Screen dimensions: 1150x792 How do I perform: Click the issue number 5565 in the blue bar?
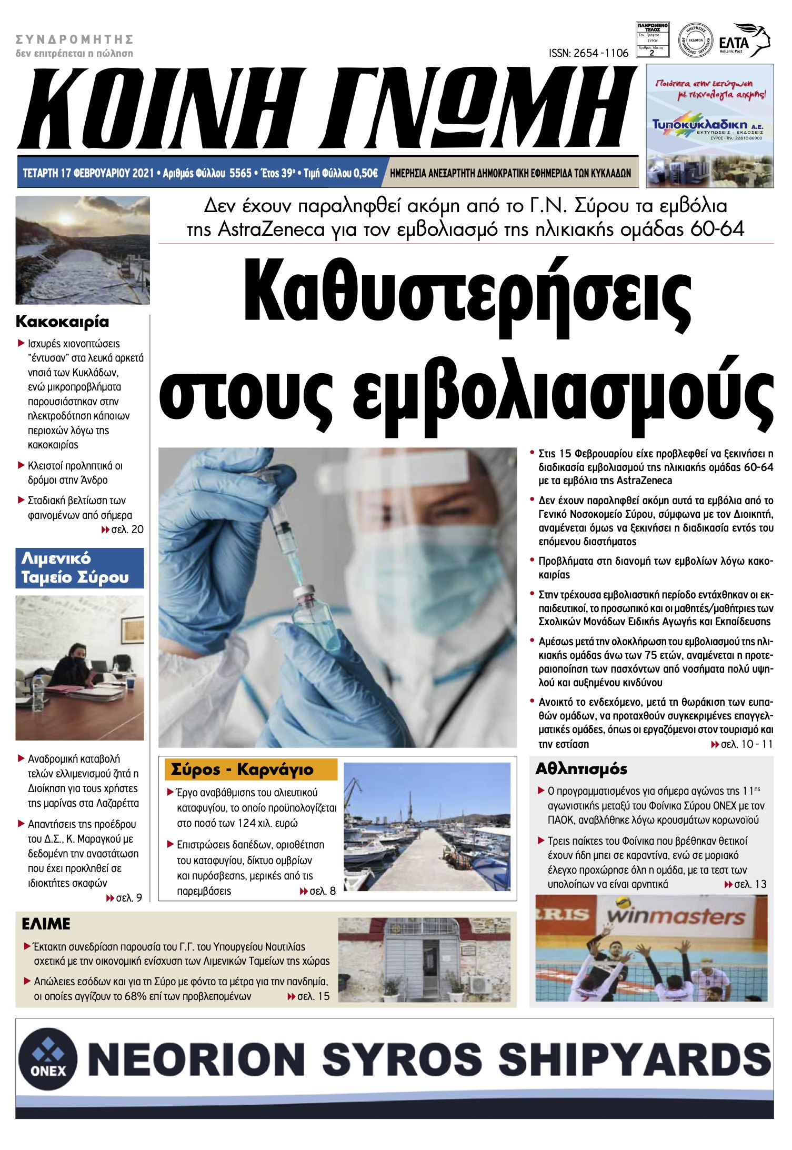click(x=240, y=173)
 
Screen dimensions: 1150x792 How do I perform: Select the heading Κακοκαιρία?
click(x=62, y=322)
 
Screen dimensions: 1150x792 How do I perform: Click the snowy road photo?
click(x=83, y=251)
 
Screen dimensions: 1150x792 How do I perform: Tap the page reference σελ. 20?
click(x=127, y=529)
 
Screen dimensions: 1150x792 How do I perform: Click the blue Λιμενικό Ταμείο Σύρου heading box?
click(x=79, y=568)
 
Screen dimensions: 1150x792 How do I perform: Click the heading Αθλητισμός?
click(x=581, y=769)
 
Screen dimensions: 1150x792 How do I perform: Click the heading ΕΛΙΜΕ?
click(x=46, y=924)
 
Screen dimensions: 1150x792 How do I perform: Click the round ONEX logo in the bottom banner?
click(x=48, y=1058)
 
